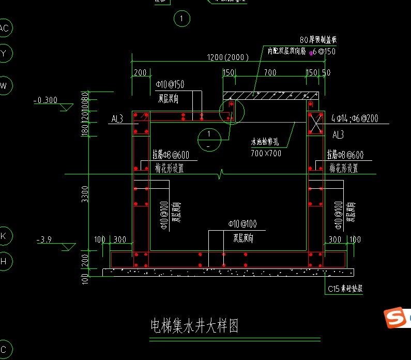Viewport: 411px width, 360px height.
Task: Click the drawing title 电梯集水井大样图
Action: coord(194,326)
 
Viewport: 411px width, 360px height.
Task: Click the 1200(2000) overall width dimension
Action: coord(227,57)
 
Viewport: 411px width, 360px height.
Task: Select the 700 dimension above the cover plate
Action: coord(270,73)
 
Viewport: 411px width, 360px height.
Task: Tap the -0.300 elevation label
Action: coord(45,100)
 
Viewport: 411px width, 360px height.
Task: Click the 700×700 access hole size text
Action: coord(266,153)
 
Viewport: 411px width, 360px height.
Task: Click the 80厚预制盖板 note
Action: coord(318,40)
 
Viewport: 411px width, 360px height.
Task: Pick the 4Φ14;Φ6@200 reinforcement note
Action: coord(354,119)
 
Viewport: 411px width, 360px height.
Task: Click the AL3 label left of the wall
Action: coord(117,119)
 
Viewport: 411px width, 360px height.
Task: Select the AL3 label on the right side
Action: coord(338,135)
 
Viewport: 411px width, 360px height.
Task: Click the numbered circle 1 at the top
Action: coord(181,19)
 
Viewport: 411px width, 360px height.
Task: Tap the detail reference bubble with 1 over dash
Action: coord(209,139)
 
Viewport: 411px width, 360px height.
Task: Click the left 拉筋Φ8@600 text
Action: coord(171,155)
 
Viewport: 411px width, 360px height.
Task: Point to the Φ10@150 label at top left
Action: coord(170,84)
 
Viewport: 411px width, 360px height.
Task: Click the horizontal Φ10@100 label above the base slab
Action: coord(242,224)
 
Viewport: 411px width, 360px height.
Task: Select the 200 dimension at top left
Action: coord(140,73)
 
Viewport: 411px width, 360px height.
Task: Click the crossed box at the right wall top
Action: coord(315,123)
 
